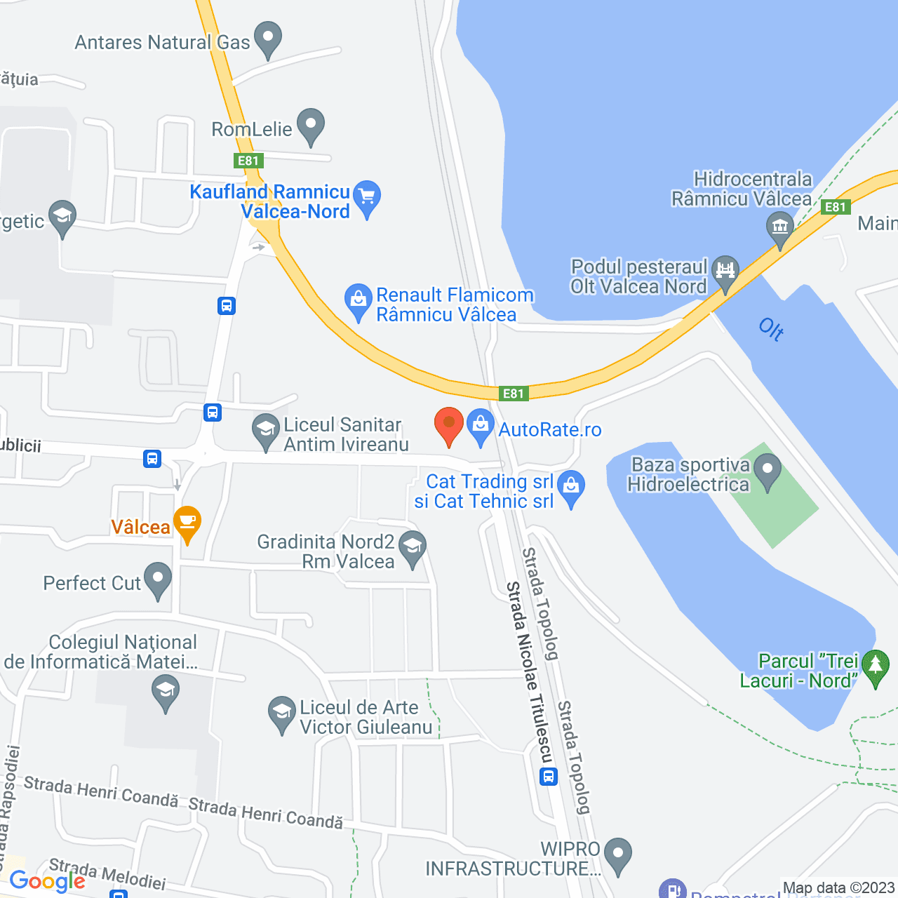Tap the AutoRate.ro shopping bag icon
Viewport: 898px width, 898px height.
click(481, 426)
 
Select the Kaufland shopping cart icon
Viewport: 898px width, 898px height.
click(367, 197)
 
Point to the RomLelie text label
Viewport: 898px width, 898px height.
click(252, 129)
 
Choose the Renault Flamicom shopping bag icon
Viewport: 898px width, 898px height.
click(358, 301)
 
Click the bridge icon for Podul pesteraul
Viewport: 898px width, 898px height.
click(725, 272)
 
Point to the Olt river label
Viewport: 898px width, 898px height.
click(772, 328)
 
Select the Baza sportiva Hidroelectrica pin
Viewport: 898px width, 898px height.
click(768, 471)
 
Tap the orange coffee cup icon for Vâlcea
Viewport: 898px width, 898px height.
click(187, 523)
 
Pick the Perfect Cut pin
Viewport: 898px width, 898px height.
click(158, 579)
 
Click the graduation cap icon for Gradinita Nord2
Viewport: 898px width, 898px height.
click(413, 547)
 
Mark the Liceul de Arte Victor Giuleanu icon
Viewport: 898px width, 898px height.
click(282, 713)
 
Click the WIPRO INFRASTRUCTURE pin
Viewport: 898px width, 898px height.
click(618, 855)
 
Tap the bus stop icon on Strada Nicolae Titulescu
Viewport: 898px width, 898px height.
click(549, 776)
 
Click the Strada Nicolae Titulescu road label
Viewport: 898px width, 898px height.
click(530, 672)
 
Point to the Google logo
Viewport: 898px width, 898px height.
click(48, 881)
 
